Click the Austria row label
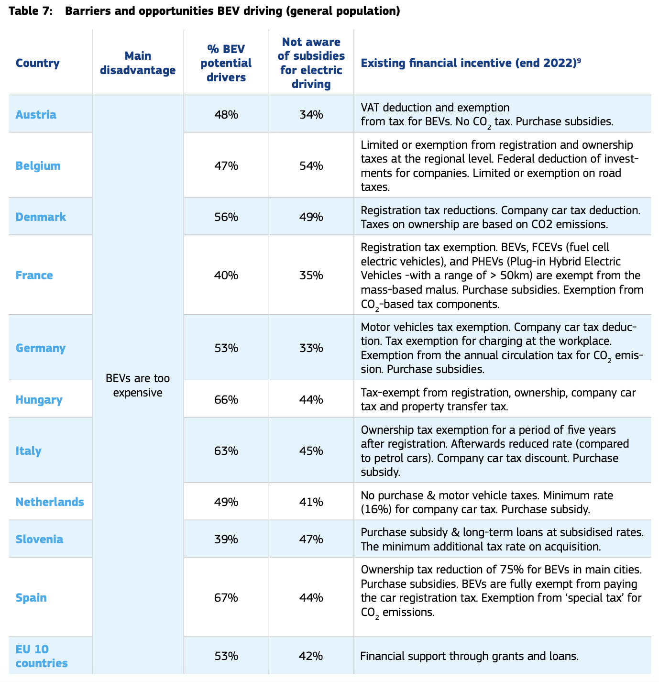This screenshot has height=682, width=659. click(x=36, y=114)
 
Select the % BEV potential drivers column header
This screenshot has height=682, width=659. click(x=226, y=63)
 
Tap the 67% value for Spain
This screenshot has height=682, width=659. click(x=226, y=597)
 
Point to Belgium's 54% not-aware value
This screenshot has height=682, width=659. click(x=311, y=165)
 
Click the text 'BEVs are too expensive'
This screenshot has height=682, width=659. click(x=138, y=385)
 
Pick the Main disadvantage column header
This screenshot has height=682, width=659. click(x=138, y=63)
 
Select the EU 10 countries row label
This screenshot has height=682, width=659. click(x=42, y=656)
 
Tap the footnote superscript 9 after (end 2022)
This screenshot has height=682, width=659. click(x=579, y=60)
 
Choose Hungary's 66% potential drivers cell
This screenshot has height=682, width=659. click(x=226, y=399)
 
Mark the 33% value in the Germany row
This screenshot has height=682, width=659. click(x=311, y=348)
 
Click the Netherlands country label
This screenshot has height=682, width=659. click(x=50, y=502)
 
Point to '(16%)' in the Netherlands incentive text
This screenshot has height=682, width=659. click(x=376, y=509)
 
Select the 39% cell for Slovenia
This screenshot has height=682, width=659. click(x=226, y=539)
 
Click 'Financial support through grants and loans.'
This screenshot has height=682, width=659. click(x=469, y=656)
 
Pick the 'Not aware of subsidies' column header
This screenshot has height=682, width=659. click(x=311, y=63)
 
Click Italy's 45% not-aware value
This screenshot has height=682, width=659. click(x=311, y=451)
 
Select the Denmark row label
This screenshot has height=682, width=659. click(x=41, y=217)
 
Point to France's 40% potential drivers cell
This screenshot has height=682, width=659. click(x=226, y=275)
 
